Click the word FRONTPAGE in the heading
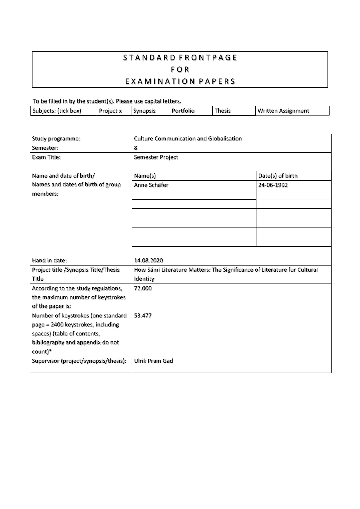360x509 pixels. pos(208,58)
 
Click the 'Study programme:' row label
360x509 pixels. pos(56,139)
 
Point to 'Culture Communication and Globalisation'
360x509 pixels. pos(188,139)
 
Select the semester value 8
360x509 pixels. pos(135,148)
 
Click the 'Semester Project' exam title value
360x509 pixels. pos(156,157)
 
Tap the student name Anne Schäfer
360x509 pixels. pos(151,185)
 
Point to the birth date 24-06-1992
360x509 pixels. pos(273,185)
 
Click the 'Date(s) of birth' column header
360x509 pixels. pos(278,176)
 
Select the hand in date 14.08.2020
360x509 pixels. pos(148,261)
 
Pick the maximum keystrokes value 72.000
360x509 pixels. pos(143,288)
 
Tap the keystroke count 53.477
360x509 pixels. pos(143,316)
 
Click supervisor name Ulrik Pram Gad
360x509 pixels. pos(153,361)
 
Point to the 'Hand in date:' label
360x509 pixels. pos(49,261)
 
